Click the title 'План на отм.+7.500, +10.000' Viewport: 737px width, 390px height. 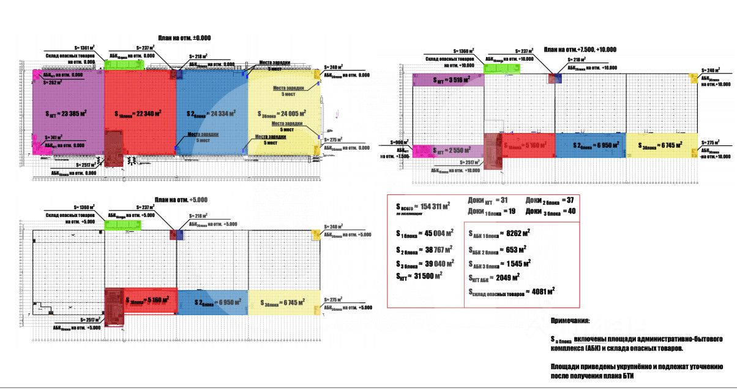[580, 50]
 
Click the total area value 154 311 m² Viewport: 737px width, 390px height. [424, 206]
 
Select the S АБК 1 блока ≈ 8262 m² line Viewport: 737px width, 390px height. [499, 233]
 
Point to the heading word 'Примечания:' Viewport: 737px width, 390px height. [571, 321]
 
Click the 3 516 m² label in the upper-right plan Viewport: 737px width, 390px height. [451, 80]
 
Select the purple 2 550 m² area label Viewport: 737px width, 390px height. [451, 151]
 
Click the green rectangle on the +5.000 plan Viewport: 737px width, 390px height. [122, 225]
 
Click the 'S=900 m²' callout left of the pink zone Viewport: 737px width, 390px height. [394, 142]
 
